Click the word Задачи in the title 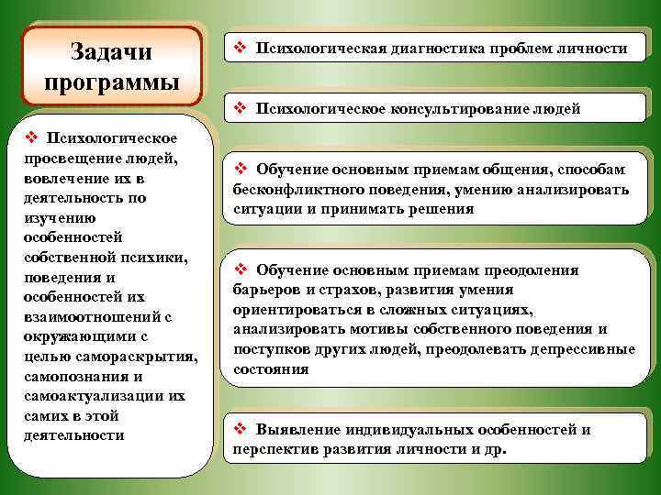click(x=111, y=51)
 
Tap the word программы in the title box click(x=111, y=82)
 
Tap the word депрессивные click(x=588, y=349)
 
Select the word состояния click(x=271, y=368)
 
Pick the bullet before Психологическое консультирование click(x=241, y=109)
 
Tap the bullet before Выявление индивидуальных click(x=241, y=429)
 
